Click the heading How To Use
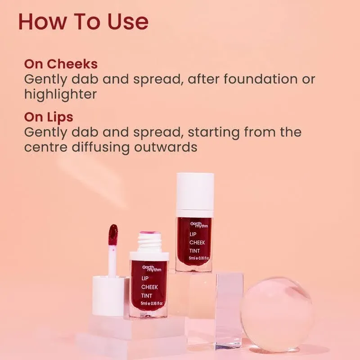point(83,22)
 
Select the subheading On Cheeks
point(61,64)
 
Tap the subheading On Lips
point(49,117)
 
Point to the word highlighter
point(60,94)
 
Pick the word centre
point(45,147)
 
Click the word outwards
point(175,147)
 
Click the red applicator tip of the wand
point(113,235)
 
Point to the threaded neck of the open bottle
point(149,243)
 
